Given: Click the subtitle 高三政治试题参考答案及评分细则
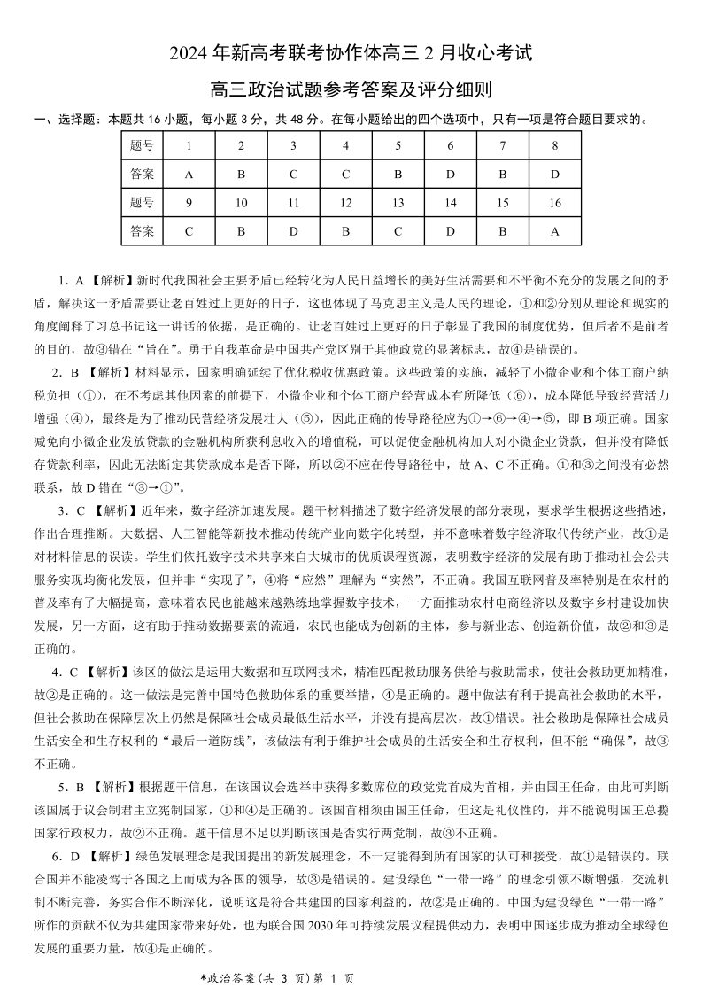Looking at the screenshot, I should tap(351, 89).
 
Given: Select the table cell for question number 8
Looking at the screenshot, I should tap(554, 145).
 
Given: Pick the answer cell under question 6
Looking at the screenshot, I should tap(450, 174).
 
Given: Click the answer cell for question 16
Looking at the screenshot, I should tap(554, 231).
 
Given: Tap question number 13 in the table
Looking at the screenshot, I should tap(398, 203).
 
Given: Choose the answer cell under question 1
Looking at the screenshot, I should tap(189, 174).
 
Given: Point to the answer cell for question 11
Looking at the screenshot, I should tap(293, 231).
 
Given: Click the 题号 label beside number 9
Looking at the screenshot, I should tap(142, 203).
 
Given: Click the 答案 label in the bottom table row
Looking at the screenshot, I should tap(142, 231).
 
